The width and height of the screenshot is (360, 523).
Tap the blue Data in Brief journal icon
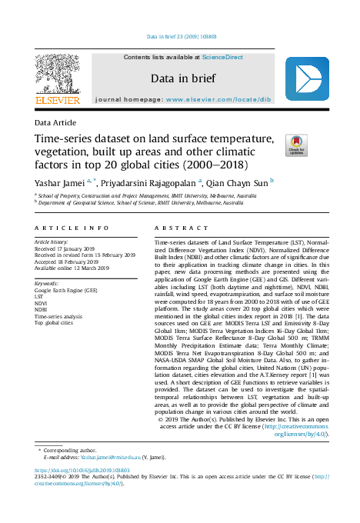[x=307, y=78]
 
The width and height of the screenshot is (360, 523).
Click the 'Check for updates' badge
[x=295, y=145]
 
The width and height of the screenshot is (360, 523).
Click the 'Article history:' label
[x=52, y=242]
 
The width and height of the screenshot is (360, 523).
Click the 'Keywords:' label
[x=48, y=284]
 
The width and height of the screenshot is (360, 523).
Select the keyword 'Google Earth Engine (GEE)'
[x=66, y=291]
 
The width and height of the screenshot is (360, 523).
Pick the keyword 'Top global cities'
[x=55, y=322]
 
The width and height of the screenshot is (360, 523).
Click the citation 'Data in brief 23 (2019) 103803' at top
[x=180, y=36]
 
